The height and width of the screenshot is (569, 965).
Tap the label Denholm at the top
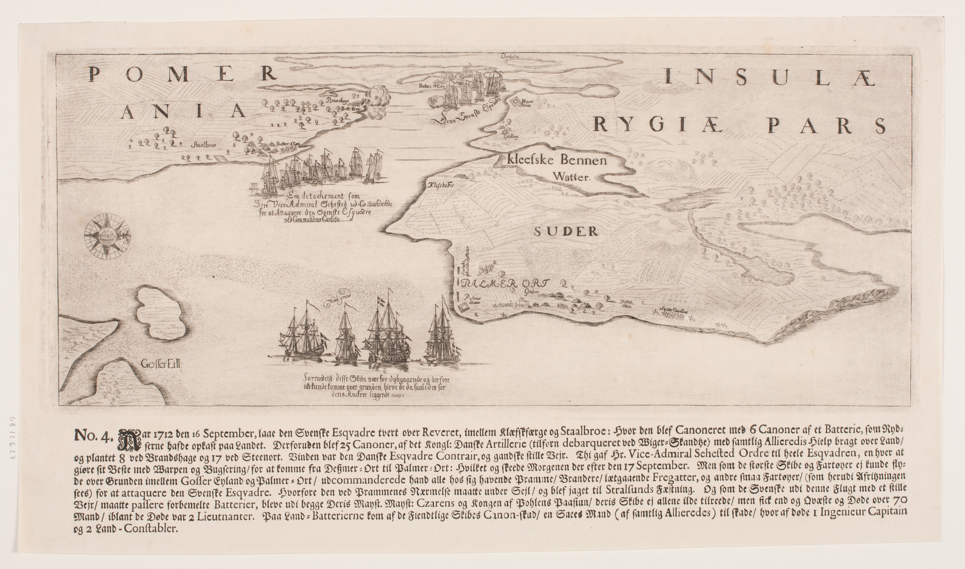point(510,57)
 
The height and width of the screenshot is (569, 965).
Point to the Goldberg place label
point(511,136)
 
